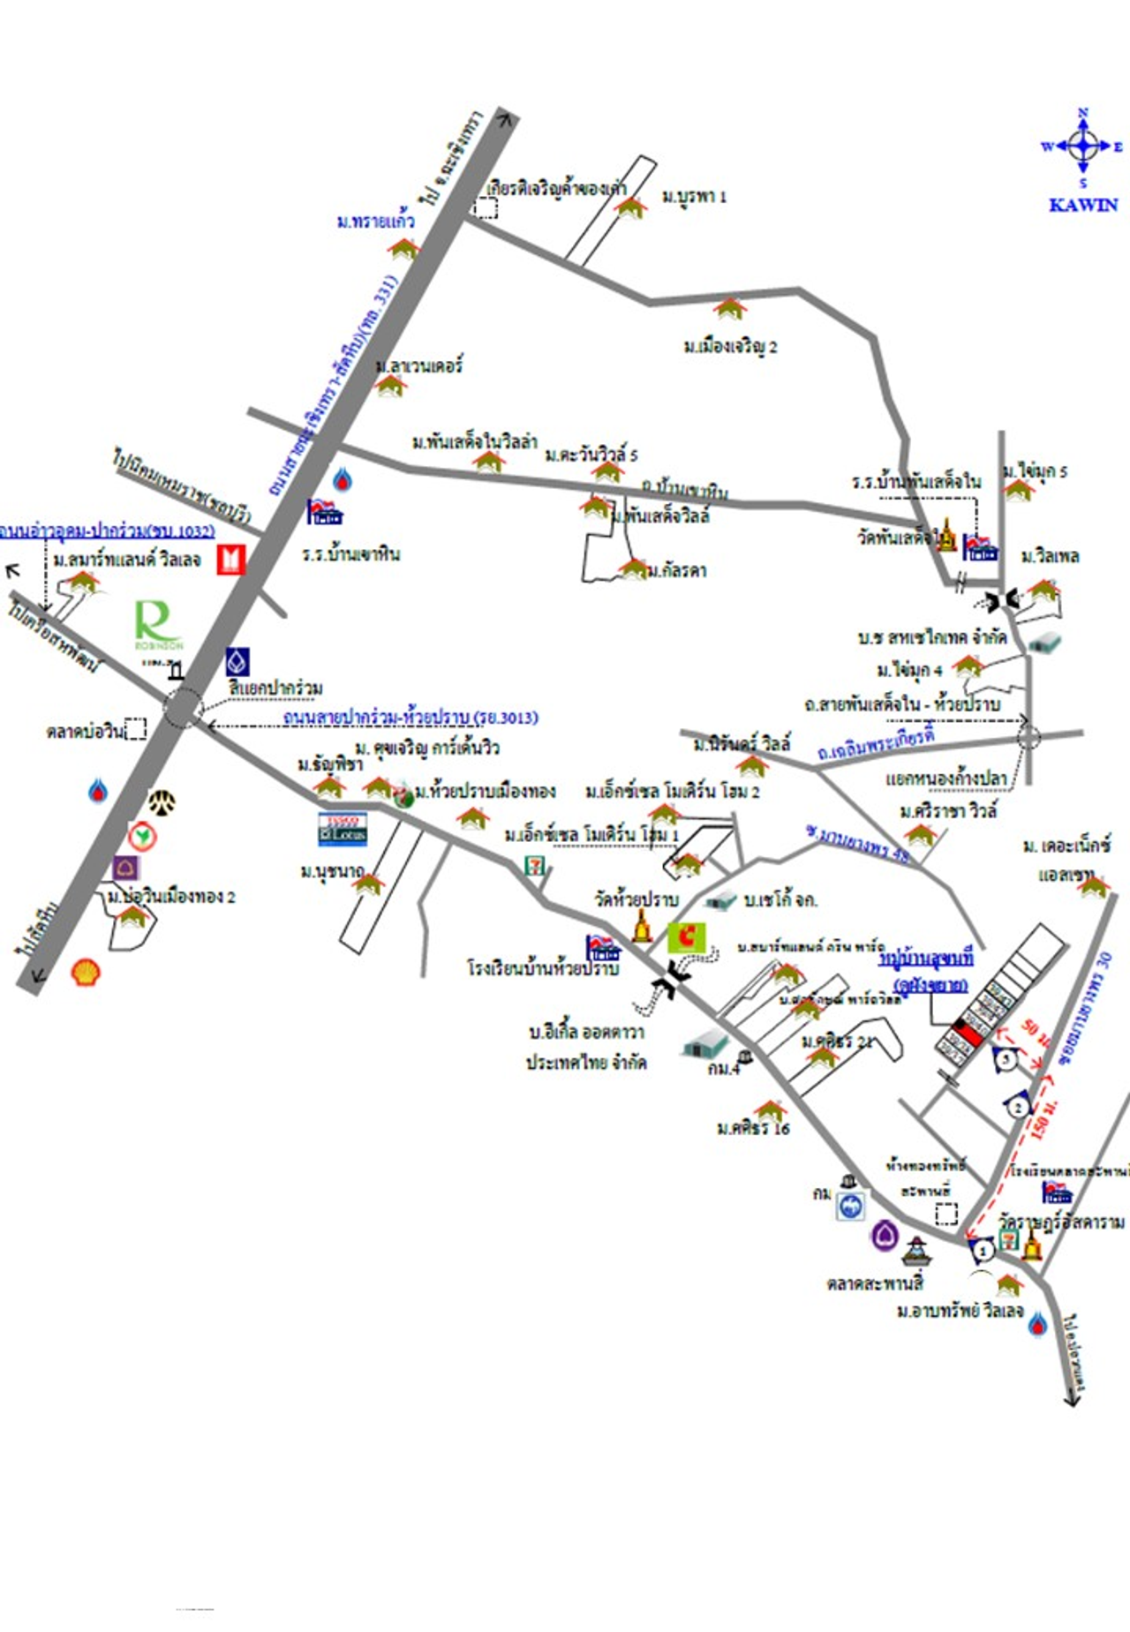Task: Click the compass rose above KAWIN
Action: pyautogui.click(x=1082, y=147)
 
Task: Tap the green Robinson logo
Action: pyautogui.click(x=158, y=624)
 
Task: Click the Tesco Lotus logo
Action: pyautogui.click(x=343, y=828)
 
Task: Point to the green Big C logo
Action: pyautogui.click(x=687, y=936)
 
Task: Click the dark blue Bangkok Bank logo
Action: pyautogui.click(x=237, y=661)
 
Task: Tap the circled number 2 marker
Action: pyautogui.click(x=1019, y=1106)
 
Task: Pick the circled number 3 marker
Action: pyautogui.click(x=1005, y=1059)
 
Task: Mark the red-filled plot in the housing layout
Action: pyautogui.click(x=969, y=1029)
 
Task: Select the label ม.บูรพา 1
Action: pyautogui.click(x=694, y=197)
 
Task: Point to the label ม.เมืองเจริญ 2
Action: pyautogui.click(x=730, y=347)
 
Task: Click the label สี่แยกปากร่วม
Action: pyautogui.click(x=275, y=688)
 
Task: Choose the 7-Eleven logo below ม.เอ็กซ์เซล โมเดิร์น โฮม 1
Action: pyautogui.click(x=534, y=866)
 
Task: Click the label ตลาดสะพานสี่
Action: pyautogui.click(x=875, y=1282)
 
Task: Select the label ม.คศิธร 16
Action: pyautogui.click(x=753, y=1128)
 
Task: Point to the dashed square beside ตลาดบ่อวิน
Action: pyautogui.click(x=135, y=729)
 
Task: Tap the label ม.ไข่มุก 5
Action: pyautogui.click(x=1035, y=471)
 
